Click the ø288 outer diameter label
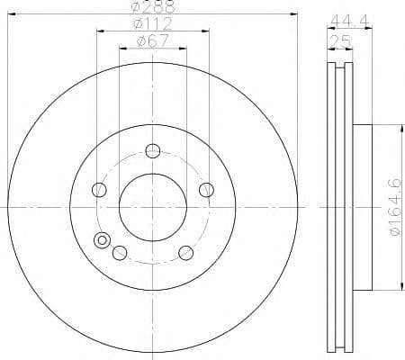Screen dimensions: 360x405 [x=153, y=7]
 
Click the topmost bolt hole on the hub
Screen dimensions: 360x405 [x=153, y=150]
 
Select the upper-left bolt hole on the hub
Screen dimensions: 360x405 [x=99, y=190]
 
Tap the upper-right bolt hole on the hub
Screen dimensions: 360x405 [x=207, y=189]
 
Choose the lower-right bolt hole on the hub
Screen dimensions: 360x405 [x=186, y=252]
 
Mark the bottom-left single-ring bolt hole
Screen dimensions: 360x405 [x=119, y=253]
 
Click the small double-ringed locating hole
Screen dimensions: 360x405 [x=102, y=240]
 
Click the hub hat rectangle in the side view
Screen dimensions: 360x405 [x=362, y=207]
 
